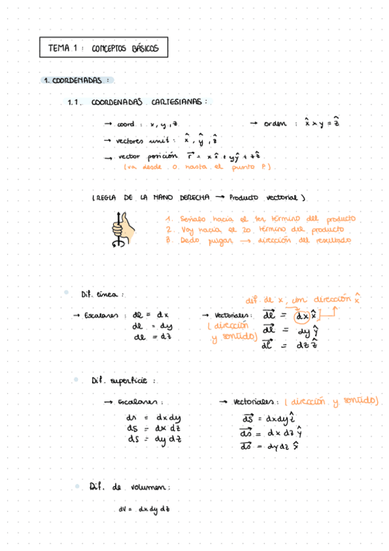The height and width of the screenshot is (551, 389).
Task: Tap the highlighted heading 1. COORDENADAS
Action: (77, 81)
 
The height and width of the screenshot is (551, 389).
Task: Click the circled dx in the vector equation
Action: (302, 316)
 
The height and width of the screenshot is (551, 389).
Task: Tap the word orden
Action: (275, 123)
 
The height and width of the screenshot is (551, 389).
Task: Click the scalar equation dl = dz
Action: (151, 337)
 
